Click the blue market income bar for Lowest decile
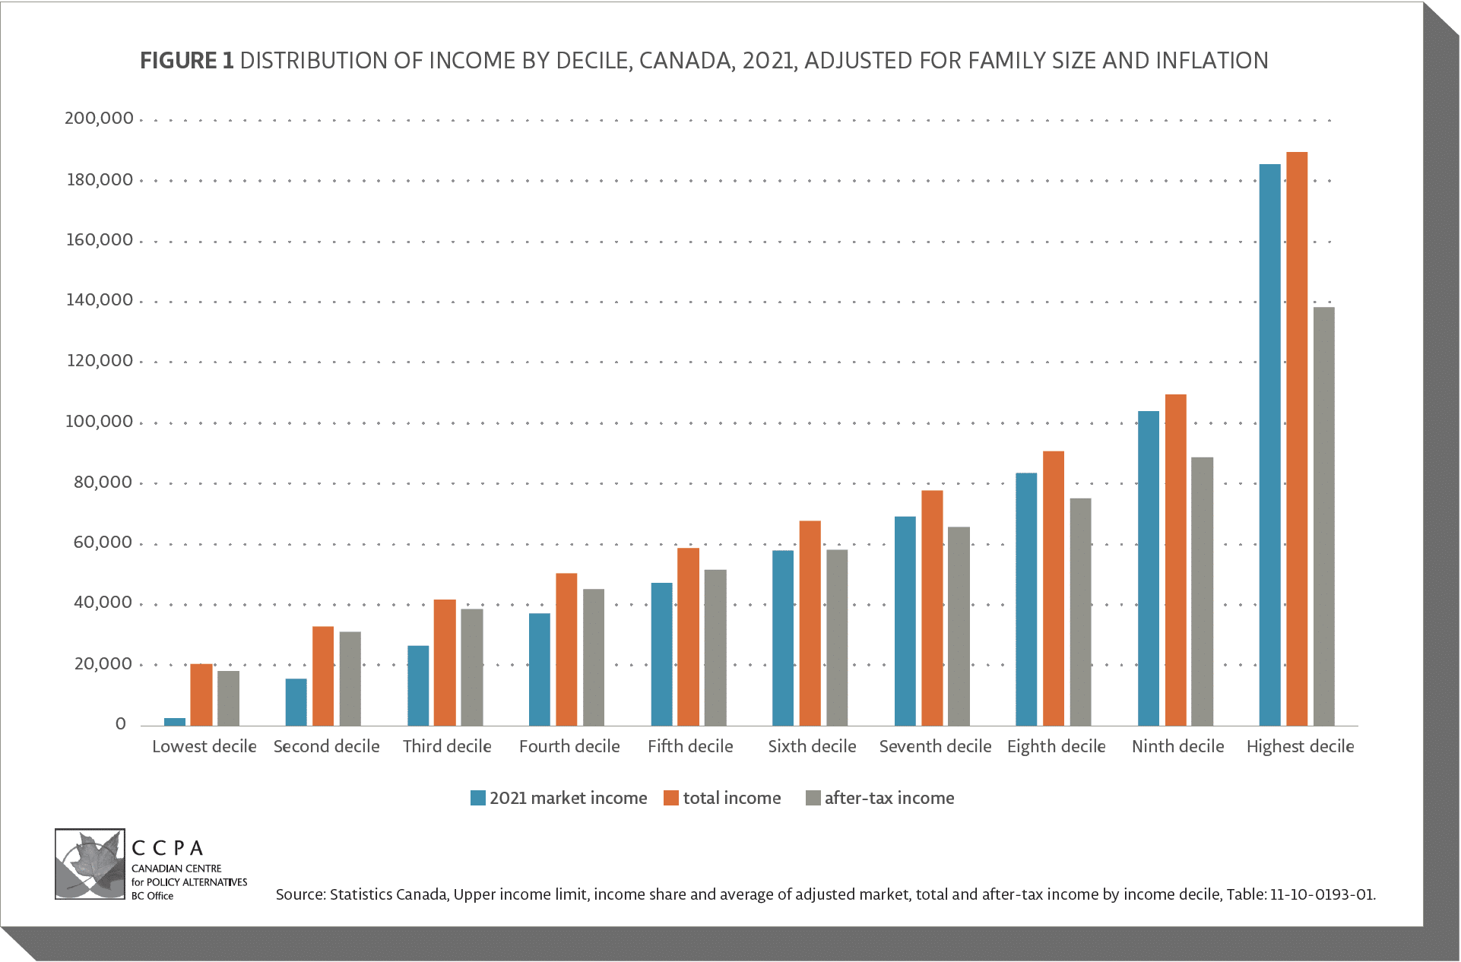point(175,721)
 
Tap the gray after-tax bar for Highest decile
point(1323,516)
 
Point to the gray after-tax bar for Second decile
point(350,679)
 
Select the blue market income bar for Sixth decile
point(783,638)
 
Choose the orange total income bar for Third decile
point(445,663)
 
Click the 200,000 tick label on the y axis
point(99,119)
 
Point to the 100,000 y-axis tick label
point(99,422)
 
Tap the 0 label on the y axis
point(120,724)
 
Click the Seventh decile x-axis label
point(935,747)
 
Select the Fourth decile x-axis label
point(569,747)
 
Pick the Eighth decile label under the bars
point(1056,747)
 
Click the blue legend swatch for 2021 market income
point(478,798)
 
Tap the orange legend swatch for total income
point(671,798)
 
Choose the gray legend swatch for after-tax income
point(813,798)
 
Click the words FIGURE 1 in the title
point(186,61)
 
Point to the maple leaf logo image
point(90,864)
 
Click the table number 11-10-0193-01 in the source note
point(1322,894)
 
